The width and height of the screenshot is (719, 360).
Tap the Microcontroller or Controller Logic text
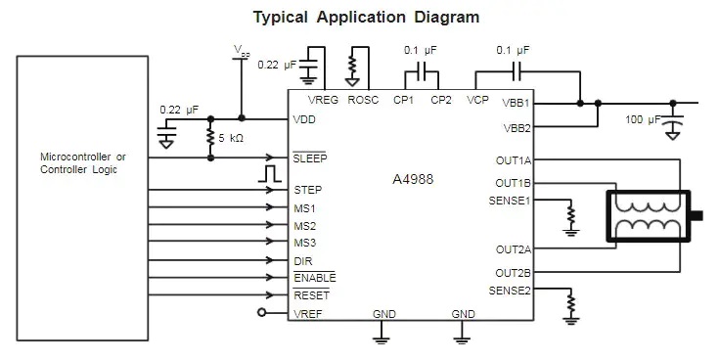click(x=81, y=163)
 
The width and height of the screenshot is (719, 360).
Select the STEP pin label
click(x=308, y=190)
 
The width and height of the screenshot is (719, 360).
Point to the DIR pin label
click(x=303, y=261)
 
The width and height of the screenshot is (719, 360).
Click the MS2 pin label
click(x=305, y=226)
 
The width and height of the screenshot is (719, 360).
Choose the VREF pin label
click(x=308, y=313)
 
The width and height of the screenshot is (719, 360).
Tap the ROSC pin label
click(x=363, y=101)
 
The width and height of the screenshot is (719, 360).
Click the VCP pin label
click(x=477, y=101)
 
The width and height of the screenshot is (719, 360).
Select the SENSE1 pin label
click(x=508, y=201)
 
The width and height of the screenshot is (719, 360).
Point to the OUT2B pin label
click(x=513, y=272)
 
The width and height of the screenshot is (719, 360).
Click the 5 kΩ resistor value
click(x=232, y=138)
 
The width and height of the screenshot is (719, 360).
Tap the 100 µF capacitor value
click(x=645, y=119)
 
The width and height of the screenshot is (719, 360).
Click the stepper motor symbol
click(x=649, y=216)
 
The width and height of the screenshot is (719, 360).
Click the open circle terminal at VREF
click(x=261, y=313)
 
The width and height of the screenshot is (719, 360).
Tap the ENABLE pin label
click(x=314, y=278)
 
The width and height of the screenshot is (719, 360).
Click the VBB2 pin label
click(x=517, y=128)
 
